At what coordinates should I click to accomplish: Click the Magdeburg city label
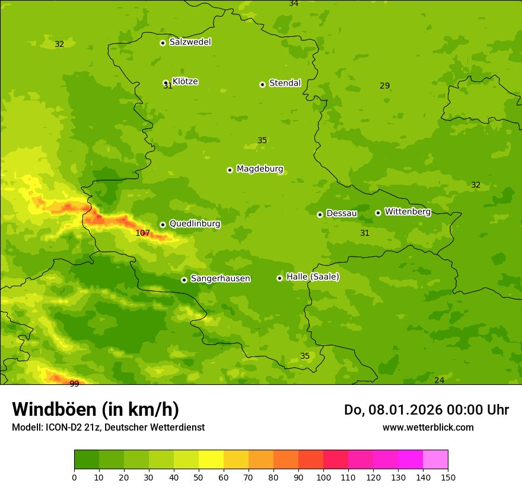coord(260,169)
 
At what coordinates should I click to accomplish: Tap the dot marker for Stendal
coord(262,84)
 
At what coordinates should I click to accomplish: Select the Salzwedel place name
coord(190,42)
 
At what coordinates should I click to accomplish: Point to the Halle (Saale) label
coord(313,277)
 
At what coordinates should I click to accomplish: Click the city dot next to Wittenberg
coord(378,213)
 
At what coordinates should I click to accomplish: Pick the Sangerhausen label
coord(220,279)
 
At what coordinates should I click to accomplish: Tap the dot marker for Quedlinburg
coord(163,225)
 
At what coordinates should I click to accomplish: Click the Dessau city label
coord(342,213)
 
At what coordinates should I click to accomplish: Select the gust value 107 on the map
coord(142,233)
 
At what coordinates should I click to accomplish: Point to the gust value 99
coord(74,384)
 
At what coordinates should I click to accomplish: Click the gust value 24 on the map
coord(439,380)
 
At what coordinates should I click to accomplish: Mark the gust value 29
coord(384,86)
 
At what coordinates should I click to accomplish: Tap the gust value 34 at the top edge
coord(294,4)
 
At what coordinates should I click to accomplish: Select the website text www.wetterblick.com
coord(428,428)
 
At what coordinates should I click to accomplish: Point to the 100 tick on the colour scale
coord(323,477)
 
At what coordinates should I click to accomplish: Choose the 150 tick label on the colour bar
coord(447,477)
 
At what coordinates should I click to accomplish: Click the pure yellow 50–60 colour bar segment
coord(211,460)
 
